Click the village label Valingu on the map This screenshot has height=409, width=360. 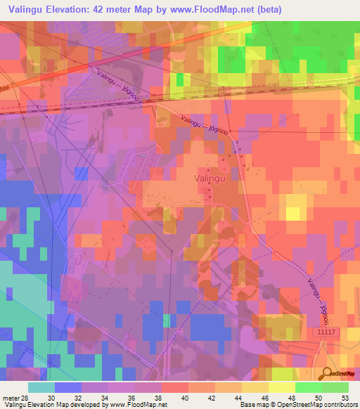point(209,178)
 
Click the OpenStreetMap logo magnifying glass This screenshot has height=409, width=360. point(325,374)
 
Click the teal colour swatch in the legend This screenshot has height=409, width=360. point(41,387)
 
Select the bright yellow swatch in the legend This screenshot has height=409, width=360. point(281,387)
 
